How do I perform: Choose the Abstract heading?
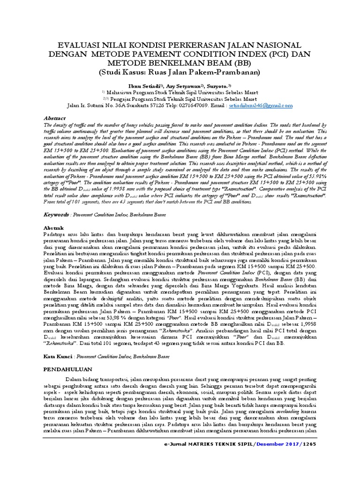pos(55,119)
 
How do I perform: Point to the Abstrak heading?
pos(54,227)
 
